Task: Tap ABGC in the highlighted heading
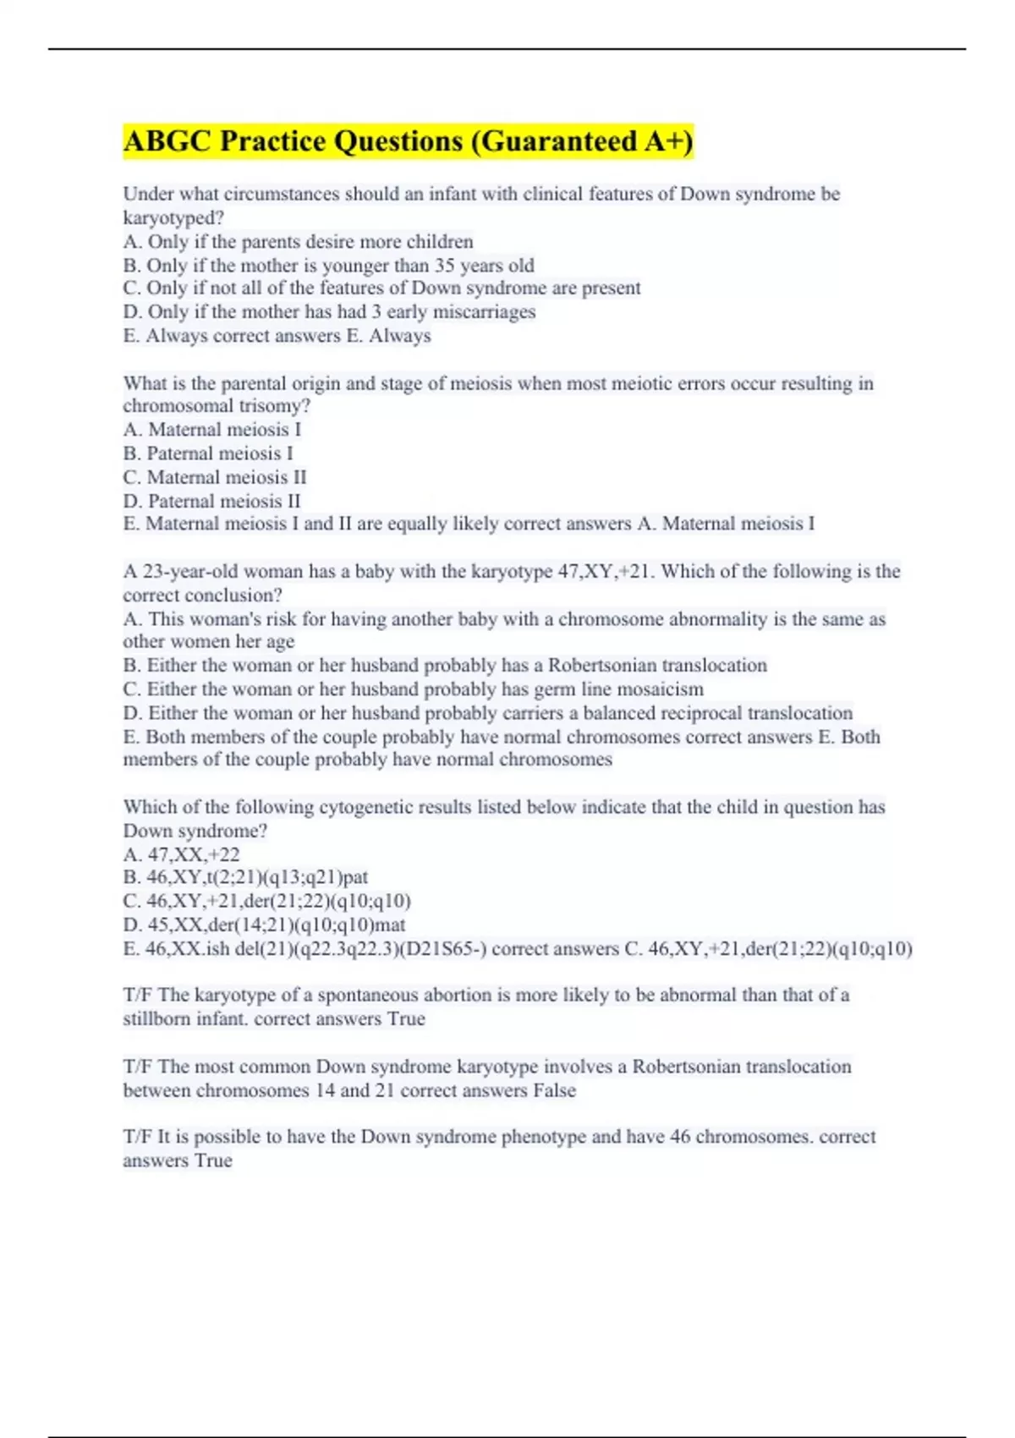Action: pos(167,141)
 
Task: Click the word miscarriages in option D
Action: pos(484,312)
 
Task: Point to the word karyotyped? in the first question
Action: pos(173,218)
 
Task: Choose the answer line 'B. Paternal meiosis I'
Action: pos(208,453)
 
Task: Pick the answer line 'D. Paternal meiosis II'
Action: pos(211,501)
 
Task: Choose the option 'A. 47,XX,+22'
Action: pos(181,854)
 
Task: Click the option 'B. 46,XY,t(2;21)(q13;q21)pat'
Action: pos(245,877)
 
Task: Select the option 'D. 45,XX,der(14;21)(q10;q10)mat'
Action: pos(264,925)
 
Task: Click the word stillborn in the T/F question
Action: pos(156,1019)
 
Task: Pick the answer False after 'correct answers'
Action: pos(554,1090)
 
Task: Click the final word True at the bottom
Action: pos(213,1161)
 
